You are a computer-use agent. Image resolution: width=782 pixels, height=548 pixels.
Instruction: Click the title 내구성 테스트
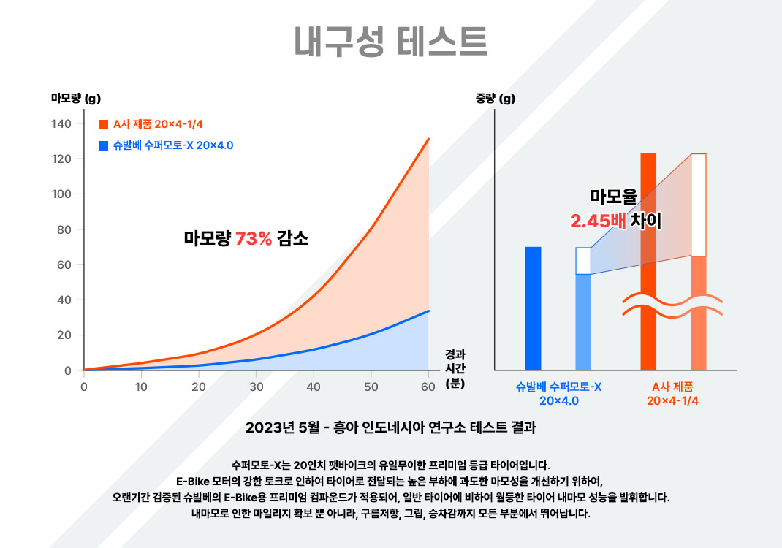point(390,42)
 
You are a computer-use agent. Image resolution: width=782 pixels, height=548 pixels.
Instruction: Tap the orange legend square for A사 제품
point(104,124)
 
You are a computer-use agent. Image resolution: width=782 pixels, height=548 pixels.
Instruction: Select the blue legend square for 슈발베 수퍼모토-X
point(104,145)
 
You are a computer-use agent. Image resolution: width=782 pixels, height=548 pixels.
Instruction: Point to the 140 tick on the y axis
point(61,123)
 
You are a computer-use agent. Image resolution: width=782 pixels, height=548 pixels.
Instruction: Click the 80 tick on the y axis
point(64,229)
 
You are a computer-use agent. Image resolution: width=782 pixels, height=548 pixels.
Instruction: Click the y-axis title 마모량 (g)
point(76,99)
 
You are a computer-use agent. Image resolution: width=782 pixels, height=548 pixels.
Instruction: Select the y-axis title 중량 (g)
point(496,99)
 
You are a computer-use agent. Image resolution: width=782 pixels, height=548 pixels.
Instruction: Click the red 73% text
point(253,237)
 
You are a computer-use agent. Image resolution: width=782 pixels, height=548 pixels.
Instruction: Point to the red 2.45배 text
point(599,221)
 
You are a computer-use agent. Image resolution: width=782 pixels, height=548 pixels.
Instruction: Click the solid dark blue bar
point(534,308)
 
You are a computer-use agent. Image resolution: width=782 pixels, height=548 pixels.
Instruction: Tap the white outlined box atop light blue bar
point(583,261)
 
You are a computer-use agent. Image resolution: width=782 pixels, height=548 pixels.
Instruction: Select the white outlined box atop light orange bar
point(698,205)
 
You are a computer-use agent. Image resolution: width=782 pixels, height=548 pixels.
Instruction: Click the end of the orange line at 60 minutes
point(429,139)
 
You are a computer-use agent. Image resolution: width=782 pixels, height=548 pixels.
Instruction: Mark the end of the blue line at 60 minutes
point(429,311)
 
